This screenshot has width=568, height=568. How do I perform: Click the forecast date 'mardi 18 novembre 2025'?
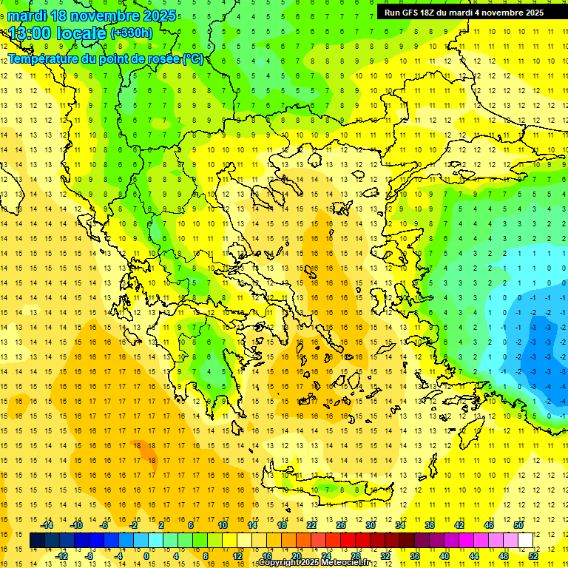click(x=92, y=16)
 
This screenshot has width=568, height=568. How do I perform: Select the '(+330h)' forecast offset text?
click(x=132, y=33)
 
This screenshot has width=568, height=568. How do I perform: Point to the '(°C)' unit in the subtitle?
click(x=192, y=59)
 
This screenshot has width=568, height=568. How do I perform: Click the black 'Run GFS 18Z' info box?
click(x=464, y=13)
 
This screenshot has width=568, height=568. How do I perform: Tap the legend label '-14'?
click(x=48, y=525)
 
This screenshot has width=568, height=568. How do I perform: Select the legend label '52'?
click(x=533, y=556)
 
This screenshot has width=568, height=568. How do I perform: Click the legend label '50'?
click(x=518, y=525)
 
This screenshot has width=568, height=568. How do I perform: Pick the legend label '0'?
click(x=146, y=556)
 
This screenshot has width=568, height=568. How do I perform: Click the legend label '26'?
click(x=341, y=525)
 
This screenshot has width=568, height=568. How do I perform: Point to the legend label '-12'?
click(x=62, y=556)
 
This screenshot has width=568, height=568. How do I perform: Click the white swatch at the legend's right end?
click(x=525, y=541)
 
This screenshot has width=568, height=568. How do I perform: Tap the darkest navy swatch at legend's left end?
click(x=37, y=541)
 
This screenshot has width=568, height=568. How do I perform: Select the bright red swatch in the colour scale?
click(x=348, y=541)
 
